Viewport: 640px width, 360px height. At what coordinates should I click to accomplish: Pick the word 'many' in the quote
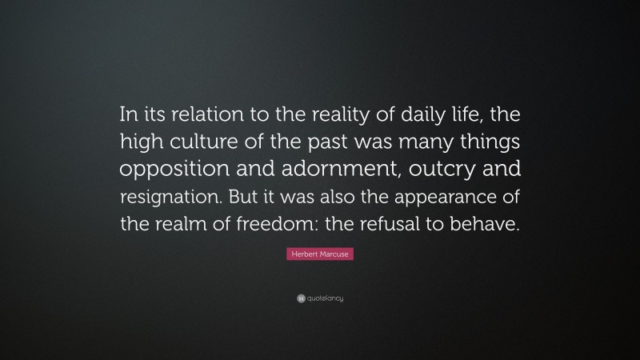[x=416, y=143]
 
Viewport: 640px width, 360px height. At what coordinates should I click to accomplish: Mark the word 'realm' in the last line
[x=191, y=225]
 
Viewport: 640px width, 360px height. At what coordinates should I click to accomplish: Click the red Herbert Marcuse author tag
[x=320, y=256]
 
